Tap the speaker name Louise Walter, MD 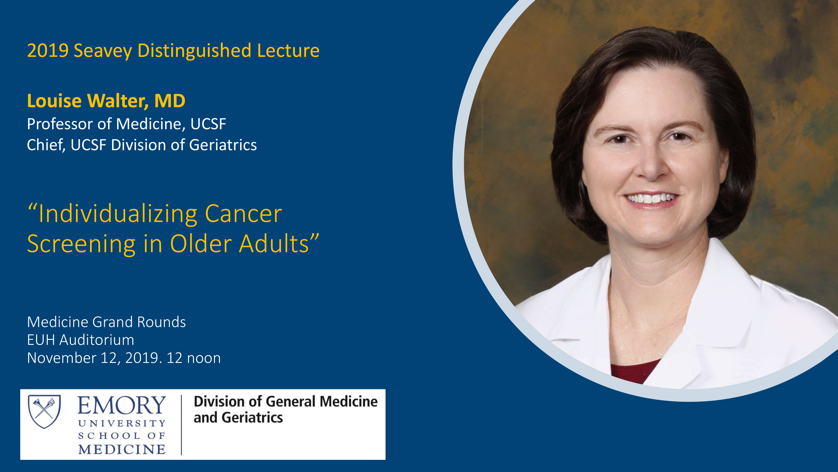[106, 101]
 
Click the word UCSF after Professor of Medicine [208, 124]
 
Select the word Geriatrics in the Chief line [223, 145]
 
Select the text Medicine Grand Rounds [106, 322]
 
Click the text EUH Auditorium [81, 340]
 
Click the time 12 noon [194, 358]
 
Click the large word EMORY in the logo [122, 405]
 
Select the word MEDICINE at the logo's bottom [122, 450]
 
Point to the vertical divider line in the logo [181, 425]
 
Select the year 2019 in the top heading [48, 51]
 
